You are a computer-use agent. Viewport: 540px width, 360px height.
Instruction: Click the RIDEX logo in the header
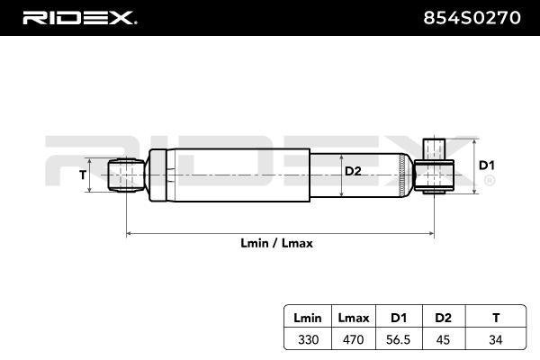click(x=80, y=18)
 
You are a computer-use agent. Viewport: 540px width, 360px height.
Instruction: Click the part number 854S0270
click(x=472, y=18)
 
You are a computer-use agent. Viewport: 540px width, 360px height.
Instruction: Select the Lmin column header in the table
click(x=308, y=318)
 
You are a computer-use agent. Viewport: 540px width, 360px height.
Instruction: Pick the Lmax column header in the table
click(x=354, y=318)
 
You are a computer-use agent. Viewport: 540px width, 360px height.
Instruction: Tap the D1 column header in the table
click(x=399, y=318)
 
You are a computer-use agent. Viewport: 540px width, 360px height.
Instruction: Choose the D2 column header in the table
click(x=443, y=318)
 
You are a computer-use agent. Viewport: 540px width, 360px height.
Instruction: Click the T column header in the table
click(x=496, y=318)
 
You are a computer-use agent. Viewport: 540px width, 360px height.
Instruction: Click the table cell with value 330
click(x=308, y=339)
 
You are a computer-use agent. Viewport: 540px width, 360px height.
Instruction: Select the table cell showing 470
click(x=354, y=339)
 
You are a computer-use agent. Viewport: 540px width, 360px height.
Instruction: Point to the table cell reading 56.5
click(x=399, y=339)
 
